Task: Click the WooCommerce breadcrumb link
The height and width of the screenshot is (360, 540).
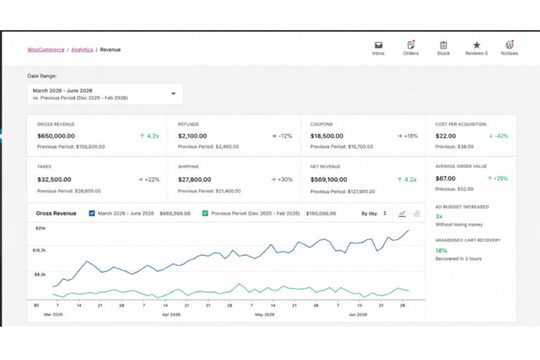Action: [46, 50]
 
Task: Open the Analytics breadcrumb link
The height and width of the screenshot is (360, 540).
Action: [82, 50]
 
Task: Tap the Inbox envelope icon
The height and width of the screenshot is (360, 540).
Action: [378, 45]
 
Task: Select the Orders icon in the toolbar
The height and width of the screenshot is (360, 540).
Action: [411, 45]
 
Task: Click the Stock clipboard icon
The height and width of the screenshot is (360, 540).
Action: [443, 45]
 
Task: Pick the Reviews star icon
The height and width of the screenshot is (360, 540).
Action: [476, 45]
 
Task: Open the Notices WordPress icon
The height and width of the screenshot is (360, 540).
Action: [509, 45]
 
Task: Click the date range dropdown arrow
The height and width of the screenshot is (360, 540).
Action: [174, 94]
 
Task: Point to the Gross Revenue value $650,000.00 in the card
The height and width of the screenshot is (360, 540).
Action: [56, 136]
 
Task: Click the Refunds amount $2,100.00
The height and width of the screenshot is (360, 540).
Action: [192, 136]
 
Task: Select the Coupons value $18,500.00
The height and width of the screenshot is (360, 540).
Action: [326, 136]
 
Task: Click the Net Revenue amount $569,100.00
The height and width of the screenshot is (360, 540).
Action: [328, 179]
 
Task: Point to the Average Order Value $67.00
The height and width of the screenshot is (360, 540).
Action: [445, 179]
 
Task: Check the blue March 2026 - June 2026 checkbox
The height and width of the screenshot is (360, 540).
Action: [91, 213]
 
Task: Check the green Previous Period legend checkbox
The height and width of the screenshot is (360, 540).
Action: [205, 213]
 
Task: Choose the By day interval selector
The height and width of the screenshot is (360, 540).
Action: [373, 214]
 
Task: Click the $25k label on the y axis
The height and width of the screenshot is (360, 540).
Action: [41, 228]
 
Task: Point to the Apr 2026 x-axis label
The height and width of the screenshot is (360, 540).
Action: [171, 314]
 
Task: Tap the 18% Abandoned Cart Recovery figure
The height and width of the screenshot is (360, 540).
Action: [441, 250]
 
